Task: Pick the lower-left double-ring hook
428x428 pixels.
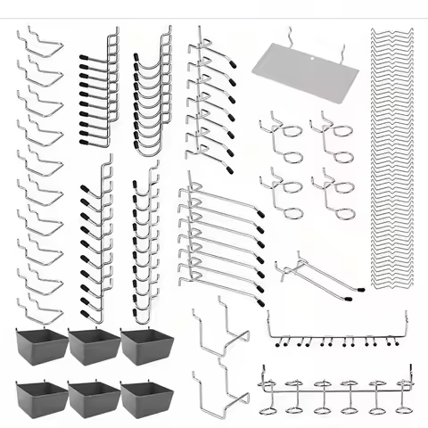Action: coord(281,191)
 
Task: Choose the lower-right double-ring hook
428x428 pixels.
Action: coord(328,186)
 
